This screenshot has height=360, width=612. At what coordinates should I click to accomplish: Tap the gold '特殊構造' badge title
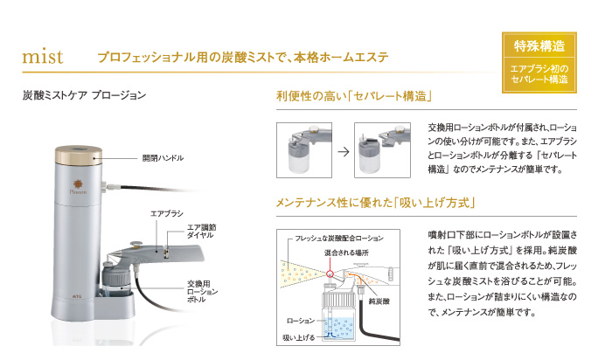(x=539, y=45)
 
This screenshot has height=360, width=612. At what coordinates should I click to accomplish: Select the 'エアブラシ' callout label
(x=165, y=212)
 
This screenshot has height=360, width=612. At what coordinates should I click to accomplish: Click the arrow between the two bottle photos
(x=342, y=150)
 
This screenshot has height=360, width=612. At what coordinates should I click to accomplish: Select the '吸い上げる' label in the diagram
(x=300, y=336)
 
